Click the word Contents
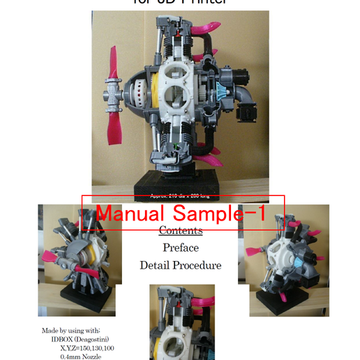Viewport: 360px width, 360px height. pos(181,231)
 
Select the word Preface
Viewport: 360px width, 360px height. pos(181,248)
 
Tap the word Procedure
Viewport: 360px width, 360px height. pos(198,265)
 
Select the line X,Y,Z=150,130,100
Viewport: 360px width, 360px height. pos(87,347)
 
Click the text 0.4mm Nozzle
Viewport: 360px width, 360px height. pos(81,357)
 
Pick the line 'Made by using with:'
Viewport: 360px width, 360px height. pos(72,330)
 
